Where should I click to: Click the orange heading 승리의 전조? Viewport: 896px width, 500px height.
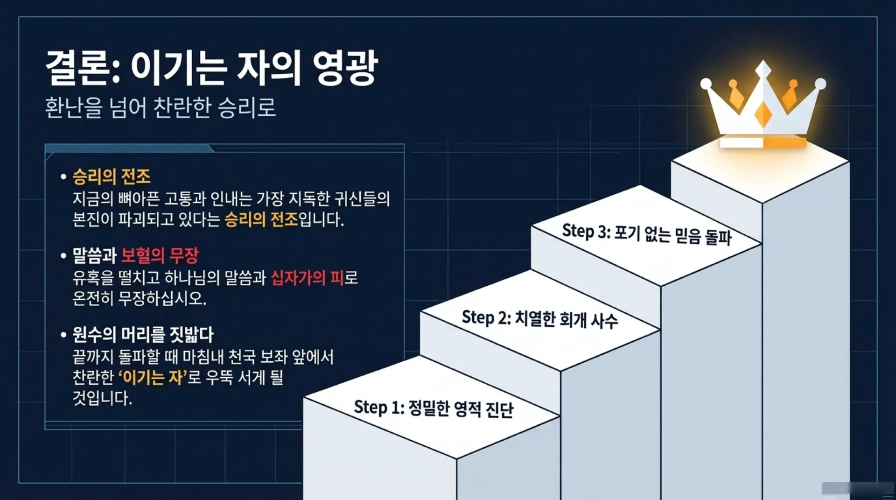tap(112, 176)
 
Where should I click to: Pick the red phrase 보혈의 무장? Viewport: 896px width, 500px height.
tap(160, 255)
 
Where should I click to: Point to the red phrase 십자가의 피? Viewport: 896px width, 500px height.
tap(307, 278)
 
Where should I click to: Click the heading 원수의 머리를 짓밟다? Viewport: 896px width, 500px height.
tap(143, 334)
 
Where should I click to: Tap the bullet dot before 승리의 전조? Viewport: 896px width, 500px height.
tap(63, 177)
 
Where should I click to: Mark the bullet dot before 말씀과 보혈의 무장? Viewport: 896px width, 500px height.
tap(63, 256)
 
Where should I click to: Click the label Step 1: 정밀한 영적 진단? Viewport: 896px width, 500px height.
tap(434, 408)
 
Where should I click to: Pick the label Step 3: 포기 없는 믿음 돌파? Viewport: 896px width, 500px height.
tap(647, 233)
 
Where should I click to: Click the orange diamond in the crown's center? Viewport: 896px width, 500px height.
tap(763, 114)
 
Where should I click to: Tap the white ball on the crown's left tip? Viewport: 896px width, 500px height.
tap(706, 84)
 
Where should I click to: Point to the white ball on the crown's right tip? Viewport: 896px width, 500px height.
tap(820, 84)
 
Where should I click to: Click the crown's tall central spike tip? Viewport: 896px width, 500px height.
tap(763, 61)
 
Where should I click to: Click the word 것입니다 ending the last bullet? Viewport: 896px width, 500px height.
tap(102, 398)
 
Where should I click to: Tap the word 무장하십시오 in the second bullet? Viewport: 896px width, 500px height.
tap(162, 298)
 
